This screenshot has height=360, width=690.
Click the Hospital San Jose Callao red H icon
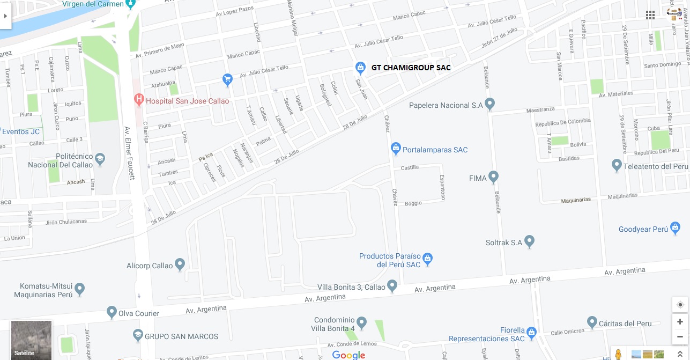(139, 99)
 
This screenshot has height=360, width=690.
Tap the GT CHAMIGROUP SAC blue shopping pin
(360, 67)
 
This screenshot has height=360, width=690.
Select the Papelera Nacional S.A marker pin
(489, 104)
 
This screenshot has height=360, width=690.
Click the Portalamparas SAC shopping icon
(396, 148)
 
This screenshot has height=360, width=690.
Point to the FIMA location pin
(493, 177)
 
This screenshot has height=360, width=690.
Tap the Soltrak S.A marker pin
(530, 241)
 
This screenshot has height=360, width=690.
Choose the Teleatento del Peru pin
(617, 165)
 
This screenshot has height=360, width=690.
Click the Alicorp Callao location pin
(180, 265)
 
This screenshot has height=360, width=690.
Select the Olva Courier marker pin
(112, 312)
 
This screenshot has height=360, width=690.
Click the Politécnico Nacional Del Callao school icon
(100, 159)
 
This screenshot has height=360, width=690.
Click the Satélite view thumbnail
(32, 340)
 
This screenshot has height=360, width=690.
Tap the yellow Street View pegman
(618, 354)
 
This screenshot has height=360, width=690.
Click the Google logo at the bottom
(348, 355)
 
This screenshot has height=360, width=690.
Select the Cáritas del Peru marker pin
(592, 322)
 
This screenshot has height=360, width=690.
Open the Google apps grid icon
(650, 15)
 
